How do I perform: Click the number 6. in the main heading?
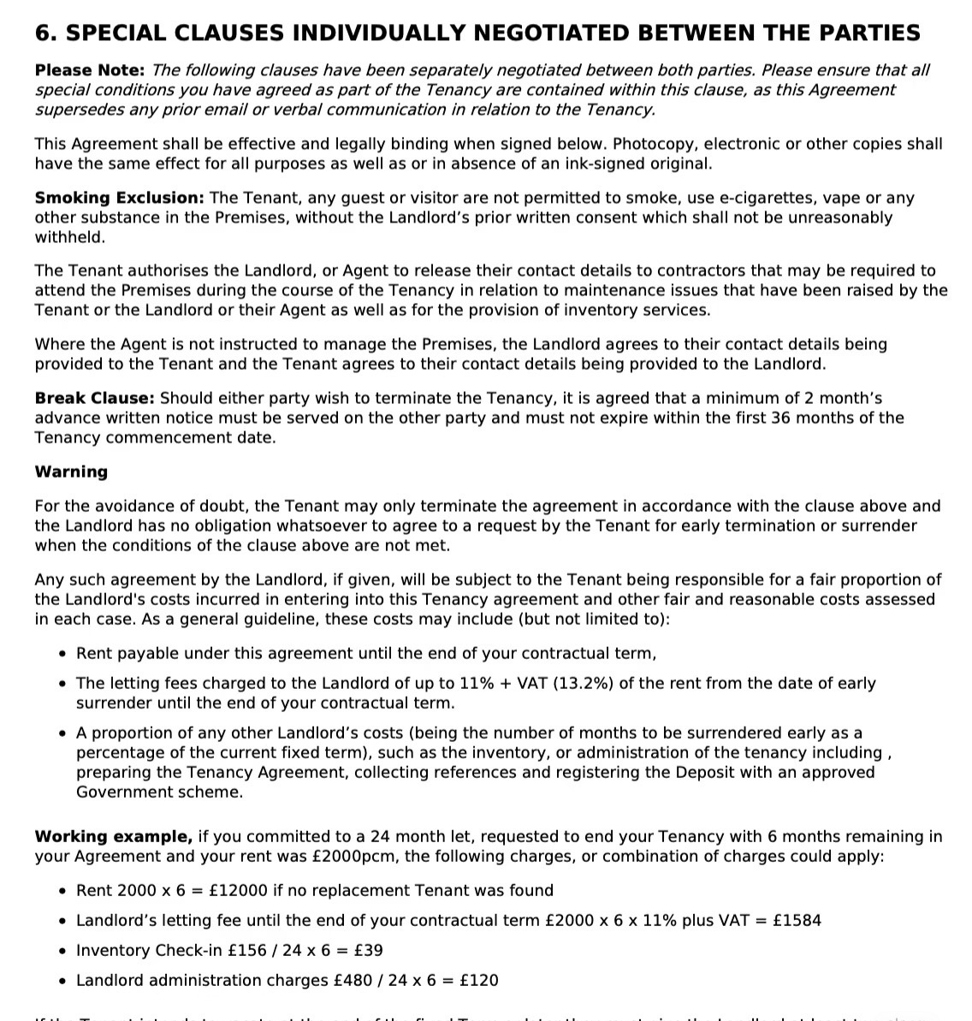46,33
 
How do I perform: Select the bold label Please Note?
90,70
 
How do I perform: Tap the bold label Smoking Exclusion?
119,198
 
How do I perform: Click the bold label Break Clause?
94,398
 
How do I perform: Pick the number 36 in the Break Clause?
780,418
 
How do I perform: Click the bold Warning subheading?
71,472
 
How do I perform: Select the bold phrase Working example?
113,836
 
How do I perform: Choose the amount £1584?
796,920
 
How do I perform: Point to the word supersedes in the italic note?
74,110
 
